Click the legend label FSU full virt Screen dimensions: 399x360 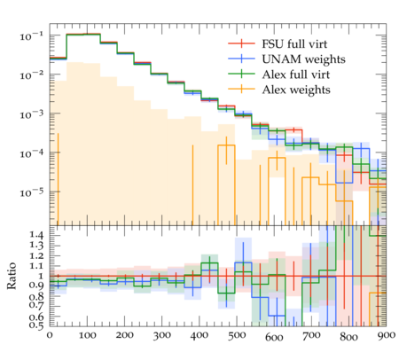click(x=294, y=44)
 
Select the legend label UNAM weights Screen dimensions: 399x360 click(x=303, y=59)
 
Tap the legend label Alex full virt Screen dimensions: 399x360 click(x=296, y=74)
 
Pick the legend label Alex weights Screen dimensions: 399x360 click(x=296, y=90)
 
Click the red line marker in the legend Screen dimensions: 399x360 click(x=241, y=43)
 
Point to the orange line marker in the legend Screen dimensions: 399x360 click(x=241, y=89)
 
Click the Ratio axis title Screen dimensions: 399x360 click(x=12, y=276)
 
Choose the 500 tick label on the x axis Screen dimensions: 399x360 click(x=237, y=335)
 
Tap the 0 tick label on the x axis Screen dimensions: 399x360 click(x=50, y=335)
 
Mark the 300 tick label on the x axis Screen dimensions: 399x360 click(x=161, y=335)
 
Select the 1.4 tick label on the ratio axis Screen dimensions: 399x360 click(x=36, y=235)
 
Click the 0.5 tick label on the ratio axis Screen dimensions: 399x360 click(x=36, y=325)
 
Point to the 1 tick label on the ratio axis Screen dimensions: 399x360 click(x=41, y=276)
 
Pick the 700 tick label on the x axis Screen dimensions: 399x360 click(x=311, y=335)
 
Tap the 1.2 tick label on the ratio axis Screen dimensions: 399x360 click(x=36, y=256)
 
